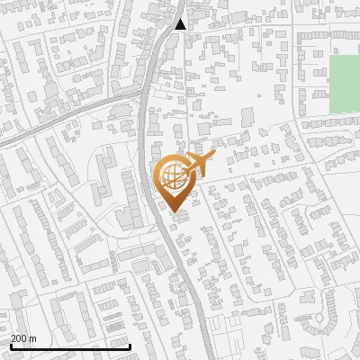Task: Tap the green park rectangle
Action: pyautogui.click(x=344, y=84)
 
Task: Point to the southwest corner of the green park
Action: pyautogui.click(x=329, y=112)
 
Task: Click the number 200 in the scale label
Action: pyautogui.click(x=19, y=339)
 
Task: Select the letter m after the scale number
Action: pyautogui.click(x=32, y=339)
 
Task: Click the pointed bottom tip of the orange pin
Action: pyautogui.click(x=175, y=212)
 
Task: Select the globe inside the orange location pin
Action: pyautogui.click(x=172, y=176)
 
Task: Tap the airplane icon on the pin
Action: pyautogui.click(x=200, y=164)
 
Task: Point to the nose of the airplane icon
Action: pyautogui.click(x=215, y=157)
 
